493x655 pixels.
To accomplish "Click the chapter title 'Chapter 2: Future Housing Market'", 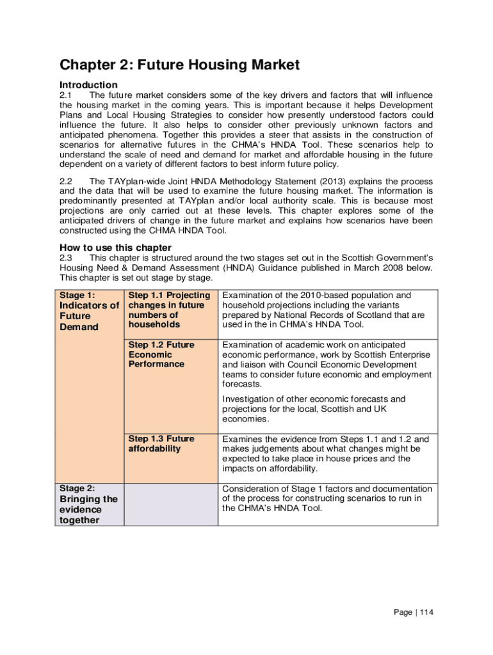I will tap(179, 65).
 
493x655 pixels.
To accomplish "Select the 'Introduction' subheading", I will tap(88, 85).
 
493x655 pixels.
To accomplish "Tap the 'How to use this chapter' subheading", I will tap(115, 248).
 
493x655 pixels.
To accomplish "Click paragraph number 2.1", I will tap(68, 95).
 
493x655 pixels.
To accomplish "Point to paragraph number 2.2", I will tap(68, 182).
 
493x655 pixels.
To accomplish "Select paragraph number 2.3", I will tap(68, 258).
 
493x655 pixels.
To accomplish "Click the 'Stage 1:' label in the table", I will tap(77, 295).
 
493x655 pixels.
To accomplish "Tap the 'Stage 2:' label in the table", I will tap(77, 488).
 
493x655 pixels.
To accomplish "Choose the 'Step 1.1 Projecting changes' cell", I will tap(169, 310).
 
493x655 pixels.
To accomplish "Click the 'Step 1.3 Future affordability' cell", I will tap(161, 443).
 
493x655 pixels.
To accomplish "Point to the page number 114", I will tap(426, 613).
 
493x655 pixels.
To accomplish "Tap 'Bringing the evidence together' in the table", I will tap(88, 510).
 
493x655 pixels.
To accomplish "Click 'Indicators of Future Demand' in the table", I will tap(89, 316).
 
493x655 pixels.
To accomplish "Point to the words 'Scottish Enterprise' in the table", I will tap(391, 354).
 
